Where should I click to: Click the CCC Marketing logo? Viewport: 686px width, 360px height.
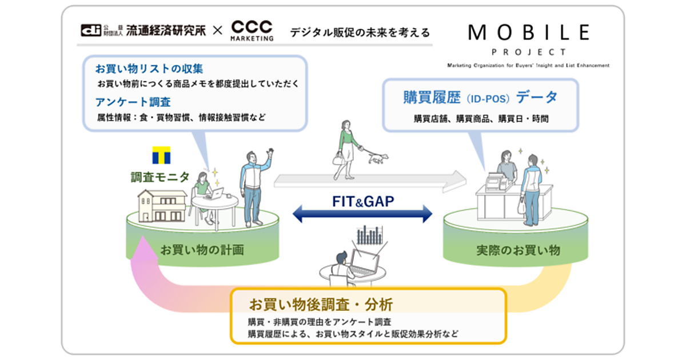tap(252, 30)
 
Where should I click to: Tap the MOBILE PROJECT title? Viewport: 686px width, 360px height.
tap(528, 38)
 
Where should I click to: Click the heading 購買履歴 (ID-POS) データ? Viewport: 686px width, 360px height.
tap(480, 98)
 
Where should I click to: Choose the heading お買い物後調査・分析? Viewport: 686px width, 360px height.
tap(320, 303)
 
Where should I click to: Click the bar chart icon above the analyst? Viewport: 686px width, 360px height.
tap(369, 235)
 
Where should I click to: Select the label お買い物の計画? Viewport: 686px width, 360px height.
tap(202, 250)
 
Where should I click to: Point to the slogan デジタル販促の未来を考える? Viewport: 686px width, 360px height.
tap(360, 32)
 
